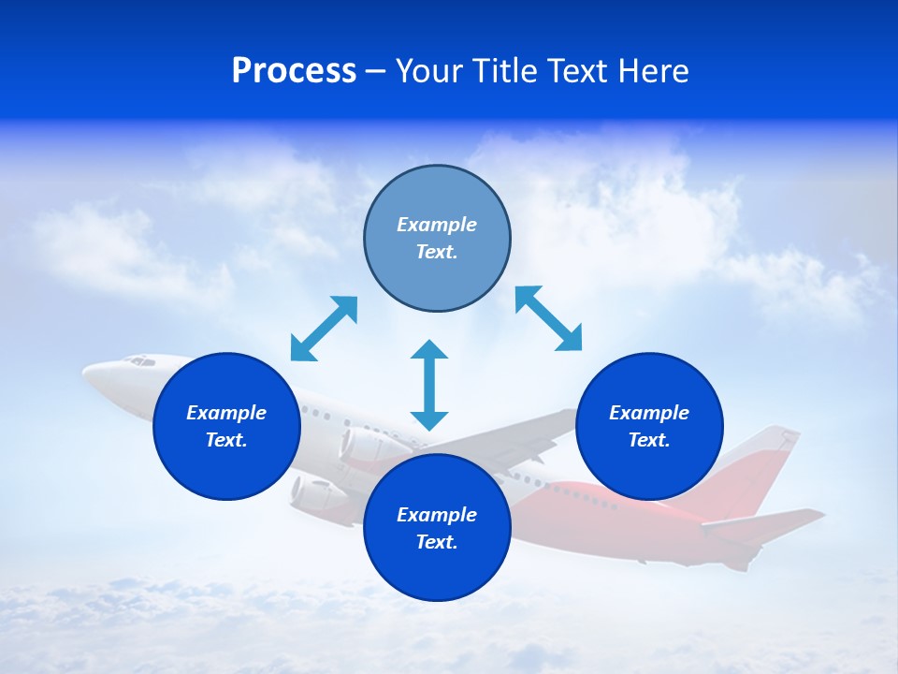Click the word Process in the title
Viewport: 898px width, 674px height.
(x=294, y=71)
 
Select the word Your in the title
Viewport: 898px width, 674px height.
(x=428, y=71)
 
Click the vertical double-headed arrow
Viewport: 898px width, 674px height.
(x=429, y=385)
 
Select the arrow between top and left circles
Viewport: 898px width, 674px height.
(x=324, y=329)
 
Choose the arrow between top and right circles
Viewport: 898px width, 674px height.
(x=548, y=318)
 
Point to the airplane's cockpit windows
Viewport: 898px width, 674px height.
(x=140, y=360)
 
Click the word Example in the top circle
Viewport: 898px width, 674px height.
(x=437, y=225)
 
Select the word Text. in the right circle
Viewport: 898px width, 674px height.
(x=649, y=440)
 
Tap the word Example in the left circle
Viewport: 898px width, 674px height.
(x=226, y=413)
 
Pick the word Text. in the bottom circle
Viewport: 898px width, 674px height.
(x=437, y=542)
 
